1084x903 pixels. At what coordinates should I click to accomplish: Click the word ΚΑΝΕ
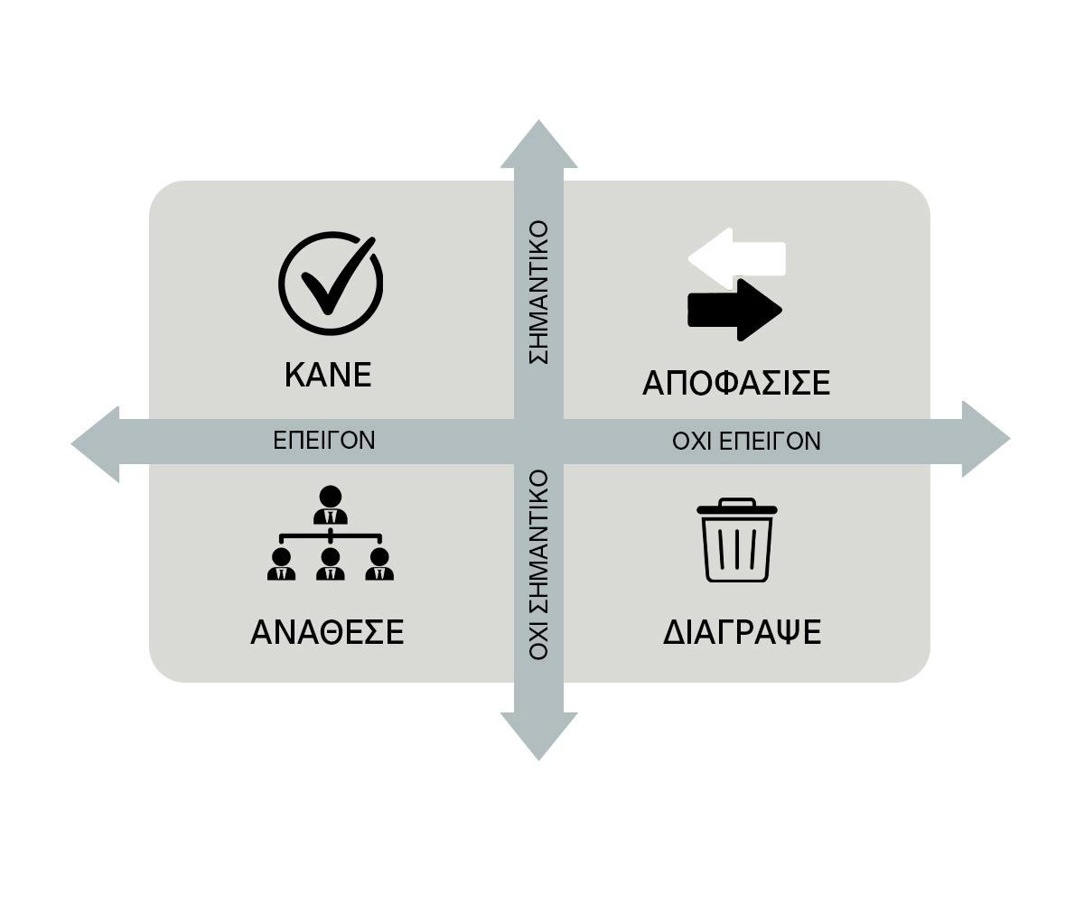pyautogui.click(x=328, y=374)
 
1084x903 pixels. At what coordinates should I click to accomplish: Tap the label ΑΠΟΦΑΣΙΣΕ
pyautogui.click(x=736, y=383)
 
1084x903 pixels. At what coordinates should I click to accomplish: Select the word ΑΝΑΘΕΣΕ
pyautogui.click(x=327, y=632)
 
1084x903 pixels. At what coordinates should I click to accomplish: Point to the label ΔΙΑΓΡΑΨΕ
pyautogui.click(x=742, y=632)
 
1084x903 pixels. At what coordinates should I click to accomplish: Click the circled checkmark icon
pyautogui.click(x=330, y=284)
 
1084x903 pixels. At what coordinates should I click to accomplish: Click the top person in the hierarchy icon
pyautogui.click(x=331, y=507)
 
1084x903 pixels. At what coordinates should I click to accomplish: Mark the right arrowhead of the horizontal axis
pyautogui.click(x=985, y=440)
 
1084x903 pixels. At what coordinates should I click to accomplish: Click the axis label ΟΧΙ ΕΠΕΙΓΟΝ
pyautogui.click(x=746, y=441)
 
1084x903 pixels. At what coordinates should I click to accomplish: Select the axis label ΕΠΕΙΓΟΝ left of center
pyautogui.click(x=324, y=440)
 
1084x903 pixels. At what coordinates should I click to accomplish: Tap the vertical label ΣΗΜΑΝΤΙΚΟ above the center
pyautogui.click(x=539, y=292)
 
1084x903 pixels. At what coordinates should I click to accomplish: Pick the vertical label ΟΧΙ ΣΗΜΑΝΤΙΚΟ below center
pyautogui.click(x=539, y=564)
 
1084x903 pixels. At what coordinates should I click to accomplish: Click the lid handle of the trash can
pyautogui.click(x=737, y=502)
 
